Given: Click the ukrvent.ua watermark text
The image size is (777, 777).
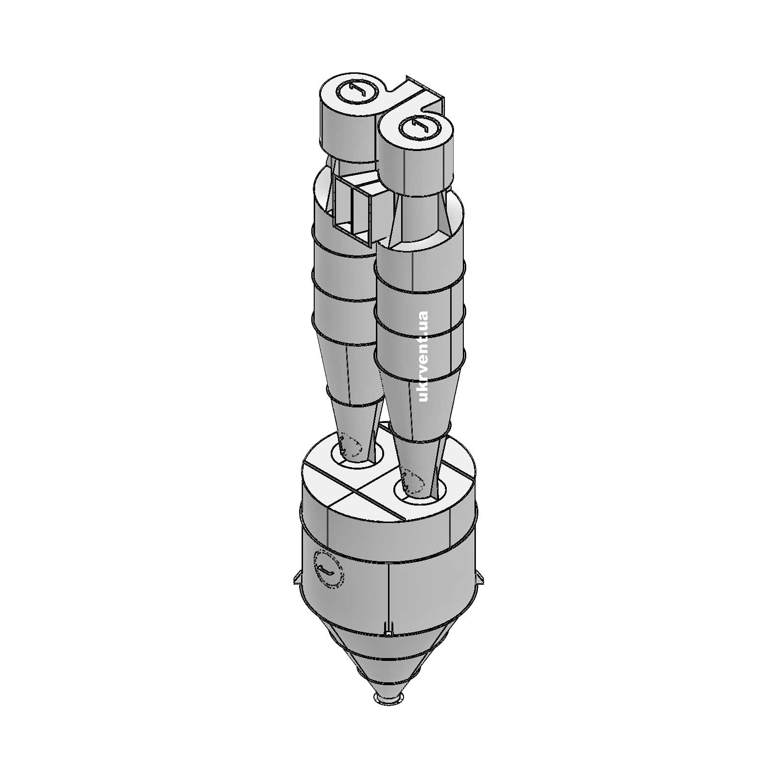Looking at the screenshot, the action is [423, 357].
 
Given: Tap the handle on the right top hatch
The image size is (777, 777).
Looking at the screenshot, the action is [419, 128].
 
